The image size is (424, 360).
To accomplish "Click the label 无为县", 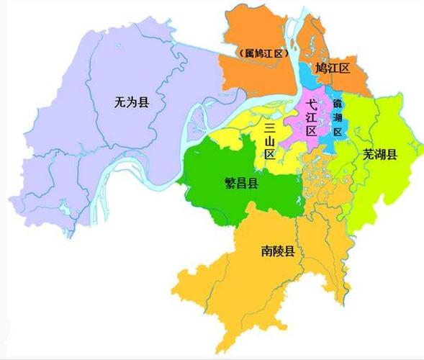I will tap(131, 103).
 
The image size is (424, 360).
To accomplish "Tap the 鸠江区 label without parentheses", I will tap(332, 68).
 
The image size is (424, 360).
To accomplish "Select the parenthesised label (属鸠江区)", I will tap(262, 53).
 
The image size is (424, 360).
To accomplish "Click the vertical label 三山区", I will tap(270, 141).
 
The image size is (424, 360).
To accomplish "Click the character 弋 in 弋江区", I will tap(312, 104).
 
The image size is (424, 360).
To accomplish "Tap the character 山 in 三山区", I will tap(270, 141).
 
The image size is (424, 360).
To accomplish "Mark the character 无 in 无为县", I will tap(119, 103).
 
